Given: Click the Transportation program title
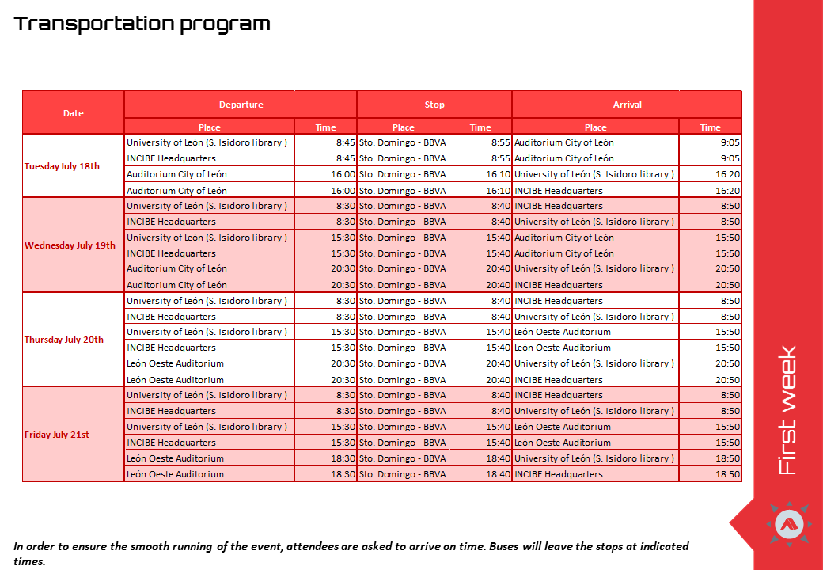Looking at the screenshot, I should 142,24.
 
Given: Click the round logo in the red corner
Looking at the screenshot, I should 792,523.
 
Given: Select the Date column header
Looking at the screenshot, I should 74,113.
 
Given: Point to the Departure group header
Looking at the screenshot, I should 241,104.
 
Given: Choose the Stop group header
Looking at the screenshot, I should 434,104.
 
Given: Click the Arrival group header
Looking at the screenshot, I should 627,104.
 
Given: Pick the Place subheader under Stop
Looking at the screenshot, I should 404,127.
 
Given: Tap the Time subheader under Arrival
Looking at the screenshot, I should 710,127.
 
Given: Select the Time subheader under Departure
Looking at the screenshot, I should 325,127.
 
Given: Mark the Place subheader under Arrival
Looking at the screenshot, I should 595,127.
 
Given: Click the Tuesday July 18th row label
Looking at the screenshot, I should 63,166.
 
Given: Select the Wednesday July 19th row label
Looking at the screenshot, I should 70,245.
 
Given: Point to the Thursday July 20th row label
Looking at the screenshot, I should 64,340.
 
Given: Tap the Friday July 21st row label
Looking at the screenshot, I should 57,435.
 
